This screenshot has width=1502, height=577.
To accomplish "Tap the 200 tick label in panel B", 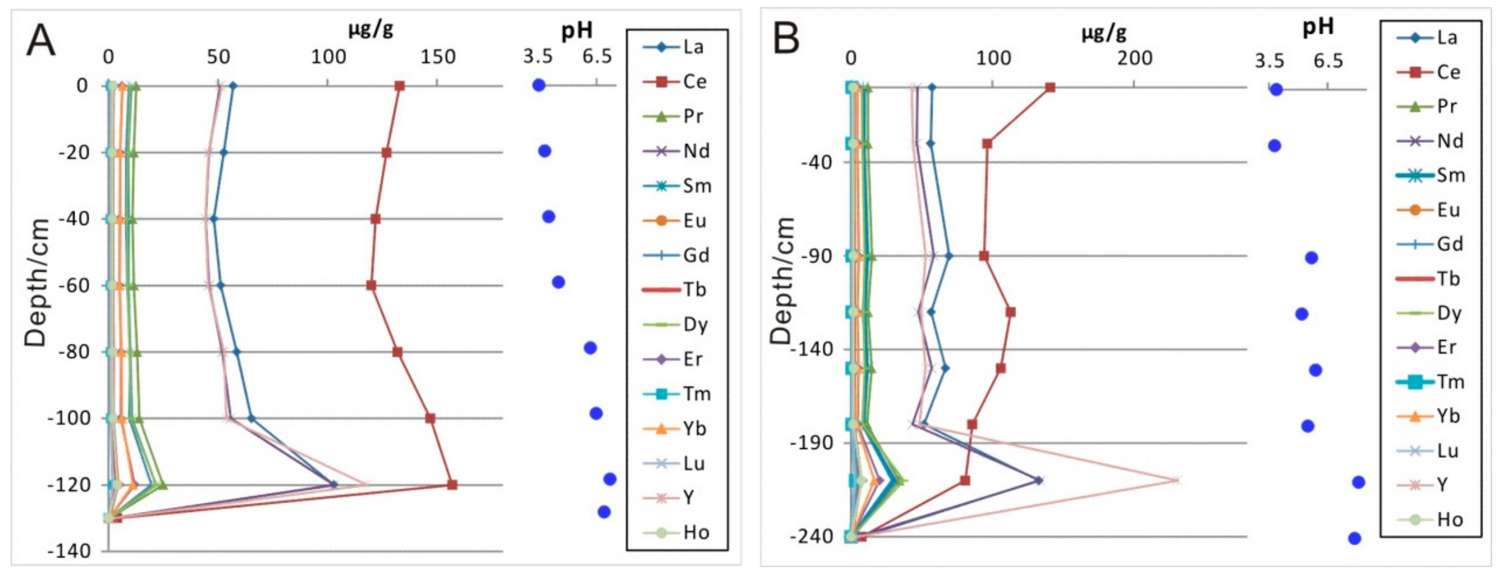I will tap(1134, 58).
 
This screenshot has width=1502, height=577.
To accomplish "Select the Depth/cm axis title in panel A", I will tap(36, 283).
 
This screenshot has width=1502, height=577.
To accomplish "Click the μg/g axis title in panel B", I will tap(1104, 32).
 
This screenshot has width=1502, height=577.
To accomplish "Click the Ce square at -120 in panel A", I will tap(452, 484).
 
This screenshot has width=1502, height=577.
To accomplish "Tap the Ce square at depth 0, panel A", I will tap(400, 86).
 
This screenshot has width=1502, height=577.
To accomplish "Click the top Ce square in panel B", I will tap(1050, 88).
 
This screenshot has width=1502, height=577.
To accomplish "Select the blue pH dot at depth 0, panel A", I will tap(539, 85).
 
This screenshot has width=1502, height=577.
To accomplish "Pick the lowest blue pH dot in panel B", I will tap(1354, 538).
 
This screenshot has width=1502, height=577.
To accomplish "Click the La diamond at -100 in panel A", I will tap(251, 418).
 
